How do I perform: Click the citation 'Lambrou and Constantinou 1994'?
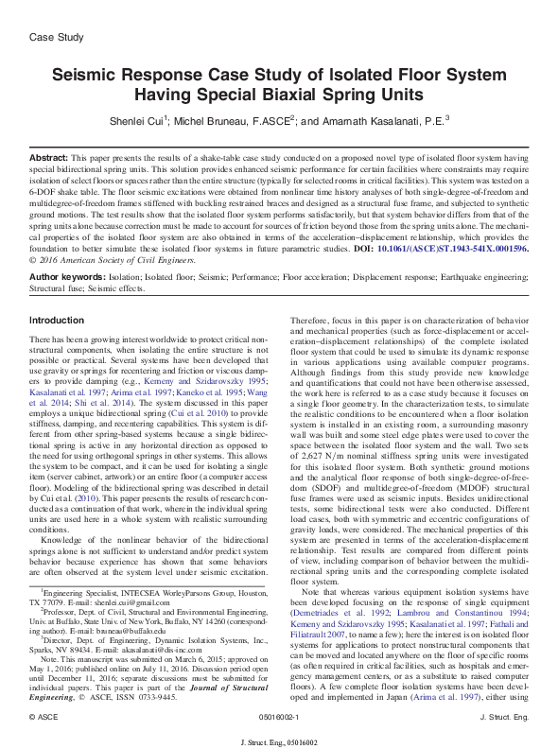[x=445, y=586]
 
